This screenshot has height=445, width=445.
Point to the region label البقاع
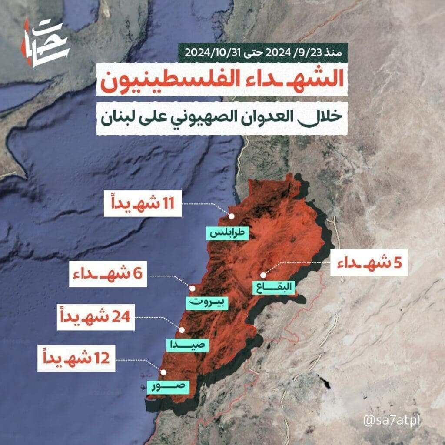(274, 288)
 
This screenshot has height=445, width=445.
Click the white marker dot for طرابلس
(232, 216)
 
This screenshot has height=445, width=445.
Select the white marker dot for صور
(163, 372)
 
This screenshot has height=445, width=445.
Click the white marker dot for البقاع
(263, 275)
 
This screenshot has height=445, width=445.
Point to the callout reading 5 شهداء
(369, 263)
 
